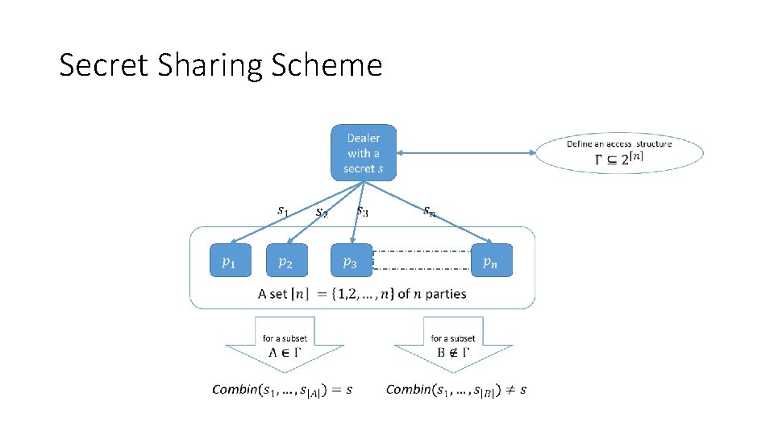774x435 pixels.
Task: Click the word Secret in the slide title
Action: pos(97,65)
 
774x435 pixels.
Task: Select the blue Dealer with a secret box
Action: pos(363,152)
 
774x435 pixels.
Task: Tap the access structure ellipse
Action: pos(619,152)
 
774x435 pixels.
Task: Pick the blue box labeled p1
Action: pos(230,260)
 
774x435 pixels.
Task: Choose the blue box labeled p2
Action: pos(286,260)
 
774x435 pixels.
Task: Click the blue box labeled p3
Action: pos(352,260)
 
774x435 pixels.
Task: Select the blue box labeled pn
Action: pos(490,260)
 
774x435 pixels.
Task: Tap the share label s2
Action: pos(322,213)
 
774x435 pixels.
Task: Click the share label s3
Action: pos(363,211)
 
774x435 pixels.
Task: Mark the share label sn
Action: pos(431,211)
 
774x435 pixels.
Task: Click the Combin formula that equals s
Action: pos(282,390)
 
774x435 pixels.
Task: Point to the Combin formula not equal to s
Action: pos(456,390)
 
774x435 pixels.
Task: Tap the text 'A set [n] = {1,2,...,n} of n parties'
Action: pos(362,294)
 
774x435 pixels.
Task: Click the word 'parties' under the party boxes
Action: pos(446,294)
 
